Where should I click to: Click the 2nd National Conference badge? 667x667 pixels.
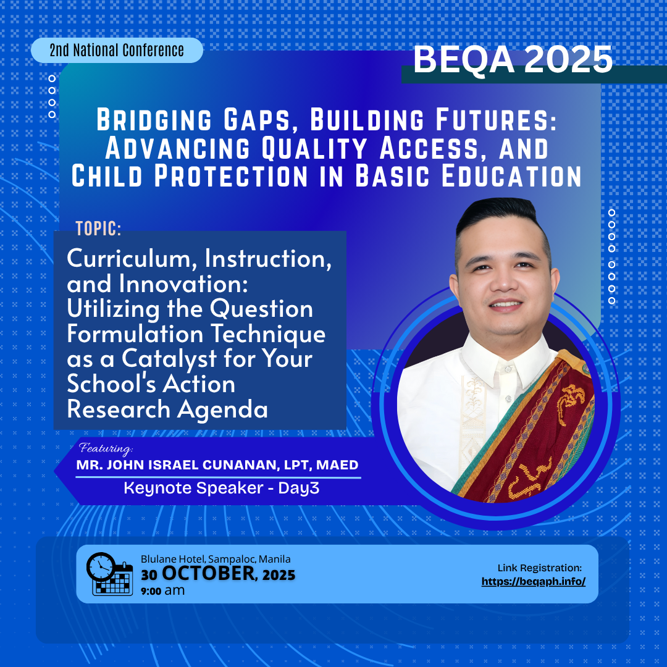tap(117, 50)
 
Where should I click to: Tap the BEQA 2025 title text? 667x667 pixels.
tap(513, 59)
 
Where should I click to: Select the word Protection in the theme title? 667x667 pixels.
tap(231, 175)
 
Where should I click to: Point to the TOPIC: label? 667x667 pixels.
tap(99, 229)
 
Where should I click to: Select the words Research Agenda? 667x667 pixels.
tap(167, 409)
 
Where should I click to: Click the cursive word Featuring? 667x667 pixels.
tap(106, 448)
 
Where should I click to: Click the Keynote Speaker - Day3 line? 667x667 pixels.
tap(221, 488)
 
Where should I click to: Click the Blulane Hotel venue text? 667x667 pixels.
tap(216, 559)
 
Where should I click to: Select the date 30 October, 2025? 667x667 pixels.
tap(218, 573)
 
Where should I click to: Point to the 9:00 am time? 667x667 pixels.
tap(163, 590)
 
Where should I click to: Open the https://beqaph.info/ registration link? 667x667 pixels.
tap(534, 582)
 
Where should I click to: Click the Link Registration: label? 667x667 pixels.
tap(540, 568)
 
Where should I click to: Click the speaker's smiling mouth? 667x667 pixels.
tap(505, 305)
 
